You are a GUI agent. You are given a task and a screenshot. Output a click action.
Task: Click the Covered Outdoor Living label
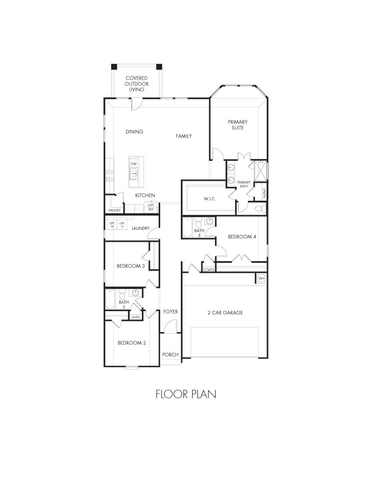click(x=137, y=84)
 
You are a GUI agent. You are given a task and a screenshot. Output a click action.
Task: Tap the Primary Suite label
click(x=238, y=125)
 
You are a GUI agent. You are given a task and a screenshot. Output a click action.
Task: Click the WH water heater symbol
click(x=261, y=279)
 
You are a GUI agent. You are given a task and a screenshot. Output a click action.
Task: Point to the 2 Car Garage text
click(x=225, y=313)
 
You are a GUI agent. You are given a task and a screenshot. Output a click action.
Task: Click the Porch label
click(x=170, y=354)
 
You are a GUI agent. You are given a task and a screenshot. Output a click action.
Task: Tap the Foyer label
click(x=170, y=312)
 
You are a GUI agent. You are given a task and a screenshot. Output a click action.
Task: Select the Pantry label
click(x=114, y=210)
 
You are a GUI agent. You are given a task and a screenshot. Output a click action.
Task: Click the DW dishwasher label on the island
click(x=133, y=164)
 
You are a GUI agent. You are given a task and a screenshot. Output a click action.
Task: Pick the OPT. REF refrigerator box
click(x=151, y=207)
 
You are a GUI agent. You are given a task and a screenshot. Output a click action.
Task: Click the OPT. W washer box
click(x=112, y=225)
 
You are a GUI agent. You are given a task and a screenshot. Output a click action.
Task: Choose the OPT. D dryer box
click(x=123, y=225)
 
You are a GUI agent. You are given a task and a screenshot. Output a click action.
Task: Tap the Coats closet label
click(x=209, y=270)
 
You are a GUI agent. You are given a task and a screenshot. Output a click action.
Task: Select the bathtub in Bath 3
click(x=187, y=228)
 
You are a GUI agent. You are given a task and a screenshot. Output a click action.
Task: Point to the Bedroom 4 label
click(x=242, y=237)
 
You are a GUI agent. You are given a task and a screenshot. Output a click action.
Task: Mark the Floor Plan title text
click(x=186, y=394)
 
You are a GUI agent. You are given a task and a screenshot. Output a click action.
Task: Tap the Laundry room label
click(x=140, y=228)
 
